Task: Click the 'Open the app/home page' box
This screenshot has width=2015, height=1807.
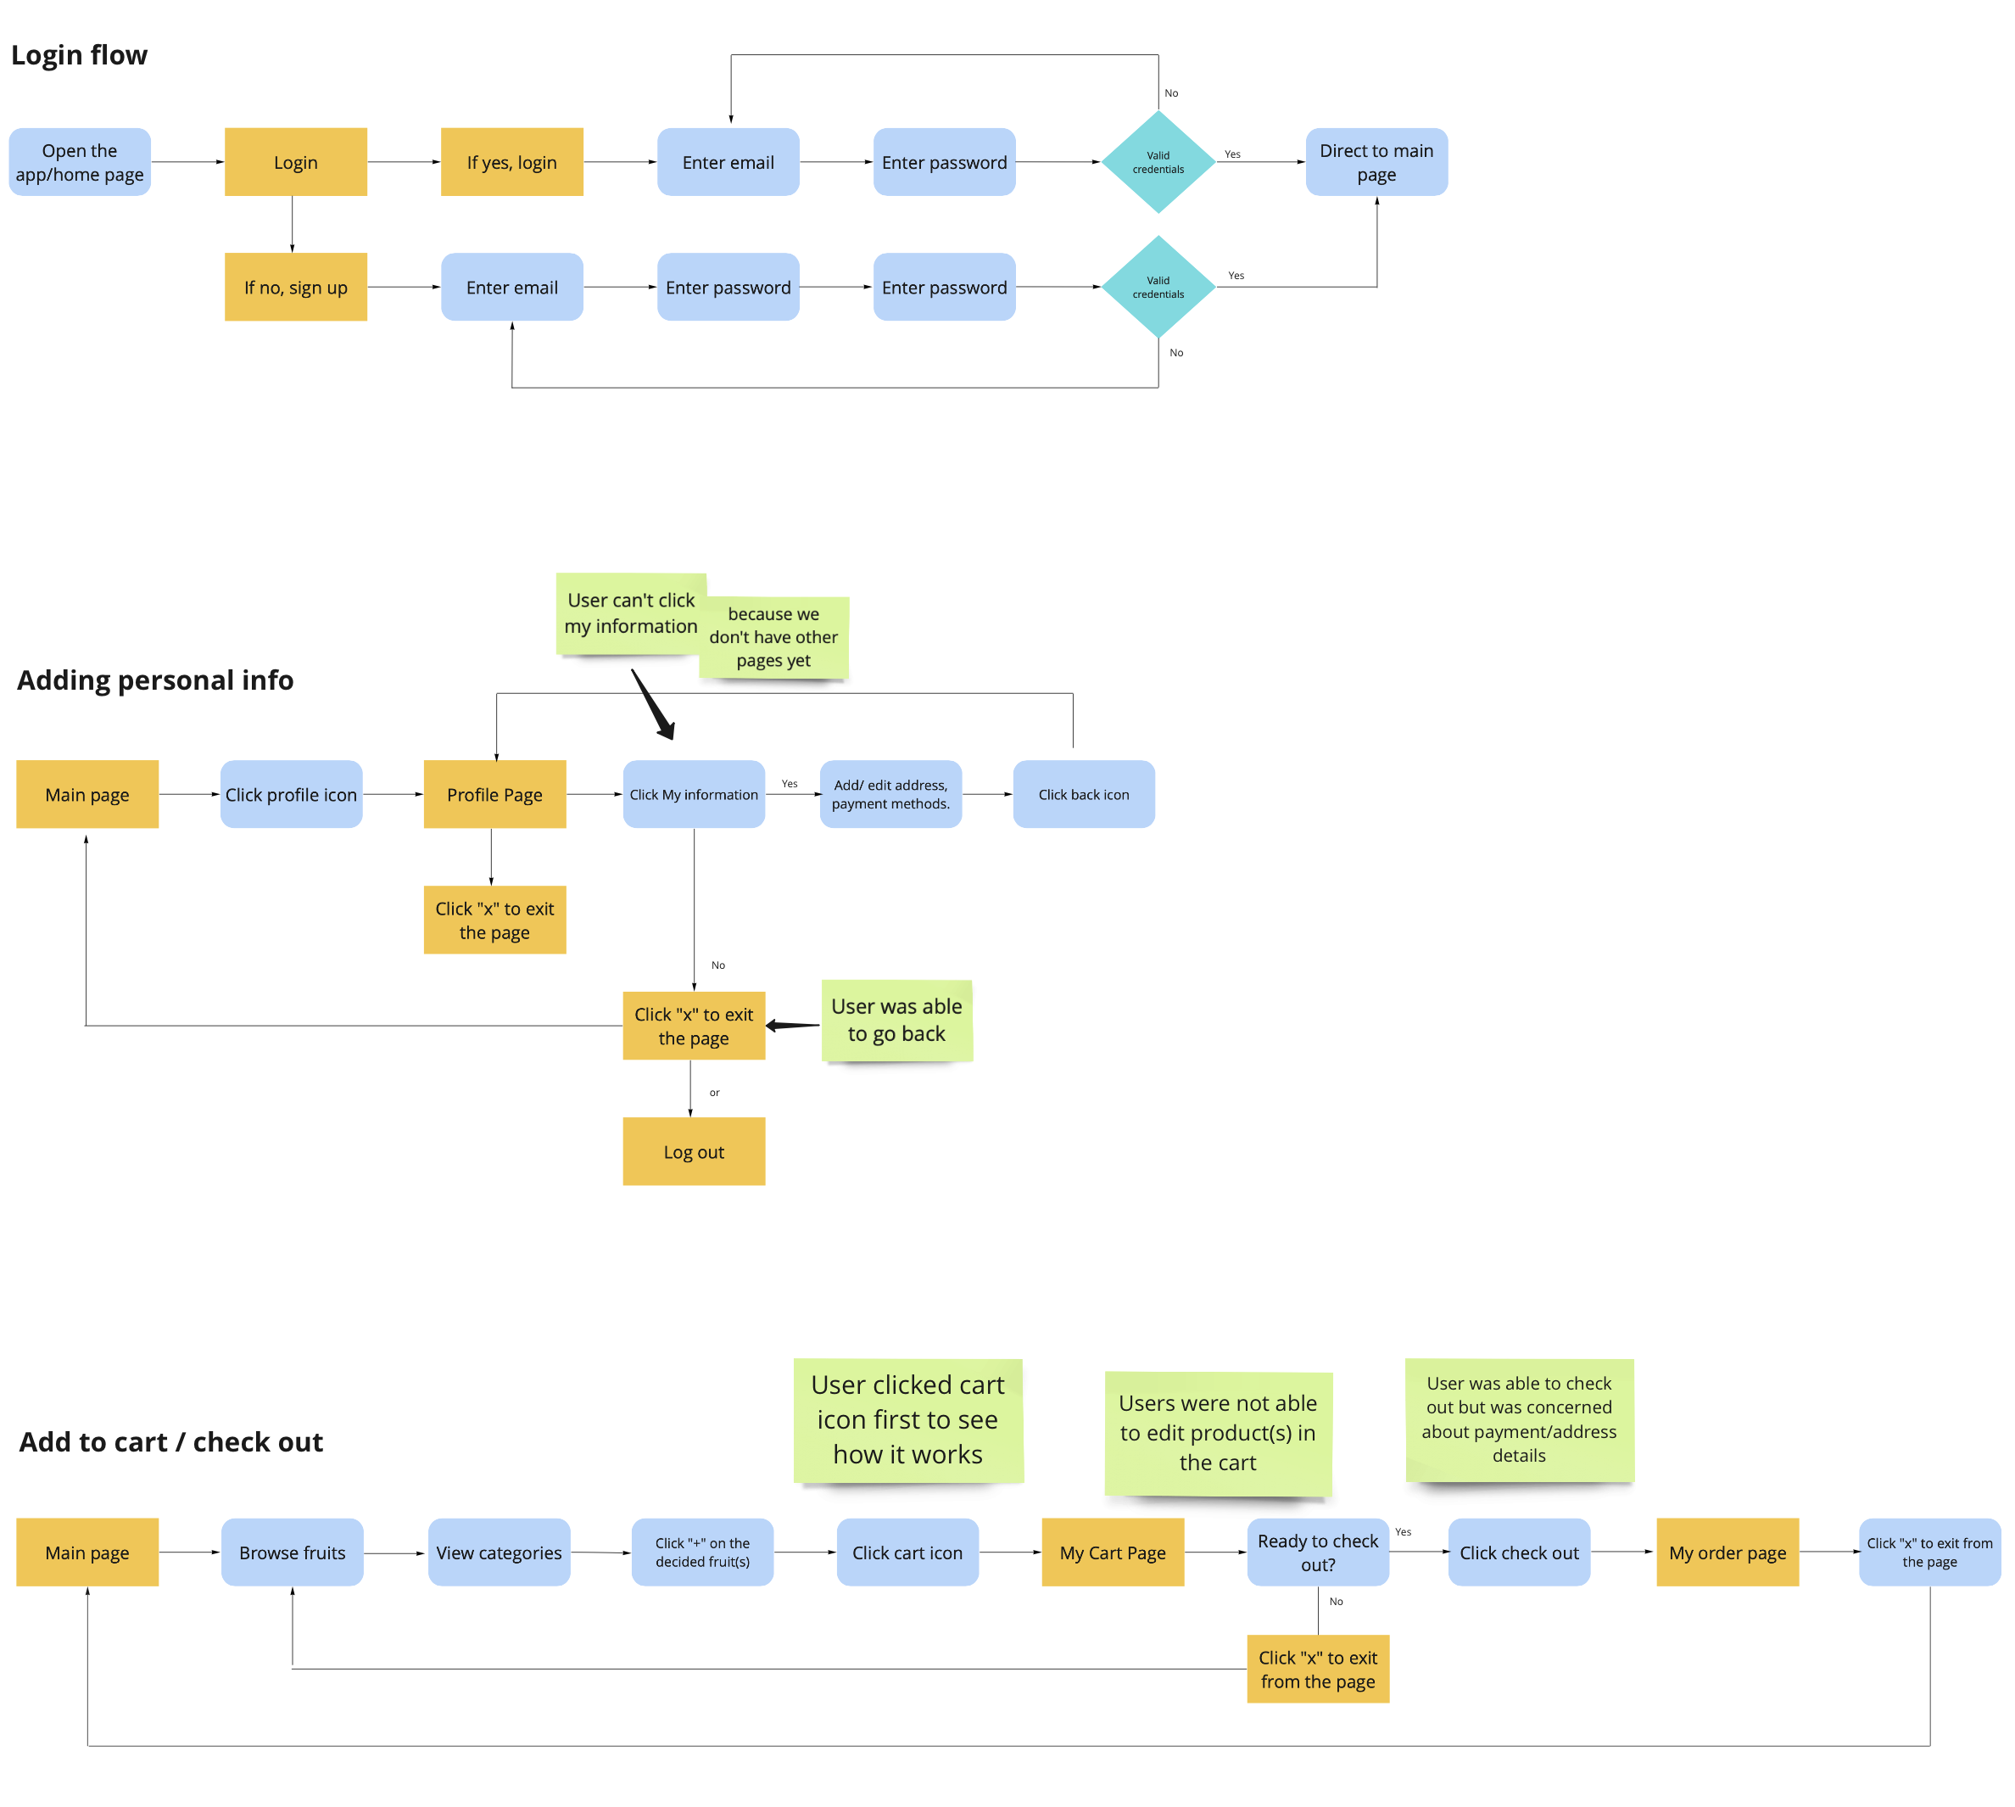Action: coord(80,162)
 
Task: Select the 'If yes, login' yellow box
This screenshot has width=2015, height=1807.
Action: coord(511,162)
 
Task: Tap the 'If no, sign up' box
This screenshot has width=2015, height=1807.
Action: coord(295,287)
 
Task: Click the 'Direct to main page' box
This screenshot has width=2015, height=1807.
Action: coord(1376,162)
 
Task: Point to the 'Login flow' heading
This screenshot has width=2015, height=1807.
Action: coord(80,54)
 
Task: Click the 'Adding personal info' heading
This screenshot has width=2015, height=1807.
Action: coord(155,680)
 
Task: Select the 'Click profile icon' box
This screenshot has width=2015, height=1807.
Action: coord(291,794)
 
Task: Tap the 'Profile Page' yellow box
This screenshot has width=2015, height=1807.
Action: coord(494,794)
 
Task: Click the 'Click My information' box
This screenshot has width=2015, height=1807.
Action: coord(693,794)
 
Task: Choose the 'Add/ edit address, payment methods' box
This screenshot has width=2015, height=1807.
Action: coord(890,794)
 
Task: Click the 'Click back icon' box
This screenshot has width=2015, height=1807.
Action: coord(1083,794)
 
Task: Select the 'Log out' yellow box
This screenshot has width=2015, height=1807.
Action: coord(693,1152)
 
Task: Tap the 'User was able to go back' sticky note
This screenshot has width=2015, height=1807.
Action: coord(896,1021)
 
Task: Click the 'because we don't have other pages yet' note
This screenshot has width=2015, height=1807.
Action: coord(773,637)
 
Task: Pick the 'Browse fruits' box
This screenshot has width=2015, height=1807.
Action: coord(292,1552)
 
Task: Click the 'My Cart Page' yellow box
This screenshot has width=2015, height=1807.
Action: coord(1112,1552)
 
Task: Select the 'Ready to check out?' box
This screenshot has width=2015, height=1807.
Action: coord(1317,1552)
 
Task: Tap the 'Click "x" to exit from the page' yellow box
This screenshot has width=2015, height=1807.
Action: coord(1317,1669)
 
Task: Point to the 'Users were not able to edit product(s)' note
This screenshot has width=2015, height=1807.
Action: coord(1217,1433)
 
